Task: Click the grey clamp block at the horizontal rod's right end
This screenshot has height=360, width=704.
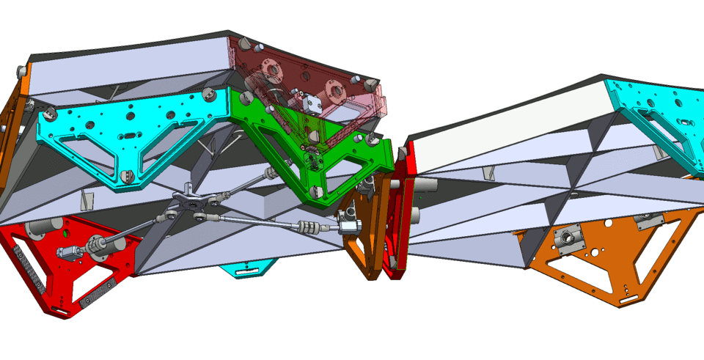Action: click(x=350, y=223)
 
